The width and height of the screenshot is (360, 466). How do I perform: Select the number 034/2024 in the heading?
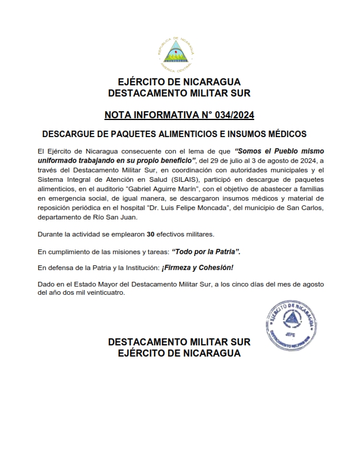tap(233, 114)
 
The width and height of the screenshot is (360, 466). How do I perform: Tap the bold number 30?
tap(151, 235)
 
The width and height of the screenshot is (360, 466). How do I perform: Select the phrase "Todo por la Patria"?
tap(206, 251)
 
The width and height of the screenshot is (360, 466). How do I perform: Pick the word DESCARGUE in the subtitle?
tap(68, 135)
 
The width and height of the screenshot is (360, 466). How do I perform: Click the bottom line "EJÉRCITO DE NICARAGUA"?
tap(179, 353)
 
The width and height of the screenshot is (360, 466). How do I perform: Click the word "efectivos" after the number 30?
tap(172, 235)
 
